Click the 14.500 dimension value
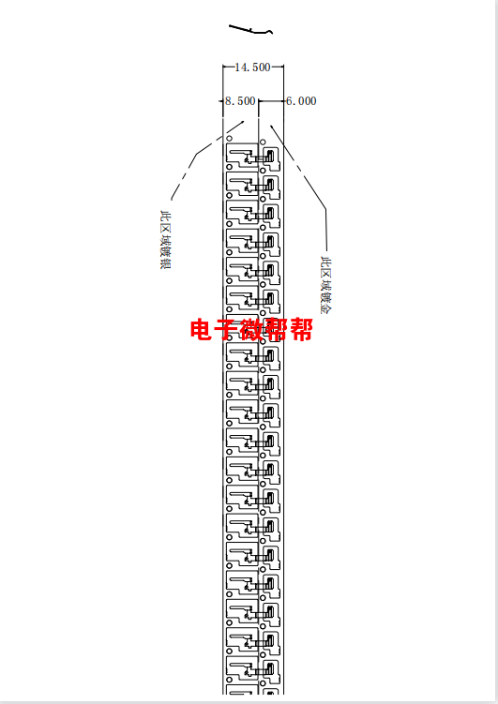coord(252,67)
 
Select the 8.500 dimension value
coord(240,101)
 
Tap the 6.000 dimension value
coord(301,101)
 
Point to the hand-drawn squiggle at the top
coord(251,30)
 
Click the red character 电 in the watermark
coord(202,329)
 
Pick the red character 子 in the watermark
coord(226,329)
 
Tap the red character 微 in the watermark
coord(251,329)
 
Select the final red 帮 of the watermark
coord(301,329)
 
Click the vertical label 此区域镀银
coord(166,239)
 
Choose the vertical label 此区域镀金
coord(325,285)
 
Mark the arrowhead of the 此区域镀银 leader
coord(243,121)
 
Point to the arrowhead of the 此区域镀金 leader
coord(271,126)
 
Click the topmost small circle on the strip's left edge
coord(230,139)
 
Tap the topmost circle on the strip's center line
coord(263,142)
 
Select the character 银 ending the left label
coord(166,263)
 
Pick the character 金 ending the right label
coord(325,309)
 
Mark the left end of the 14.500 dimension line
coord(223,67)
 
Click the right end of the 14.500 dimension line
coord(283,67)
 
